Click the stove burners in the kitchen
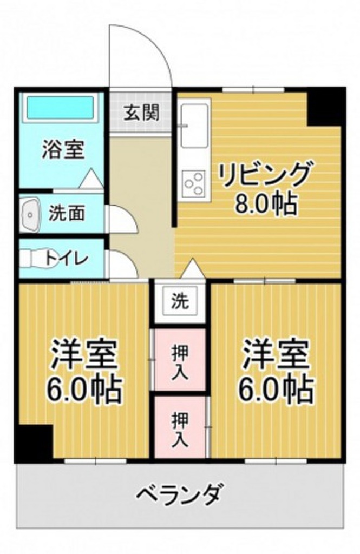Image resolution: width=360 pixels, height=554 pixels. [194, 182]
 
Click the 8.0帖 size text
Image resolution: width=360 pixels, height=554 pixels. [265, 204]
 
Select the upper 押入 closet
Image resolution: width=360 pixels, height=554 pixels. [180, 360]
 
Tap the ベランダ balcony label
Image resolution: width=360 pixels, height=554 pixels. [178, 494]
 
